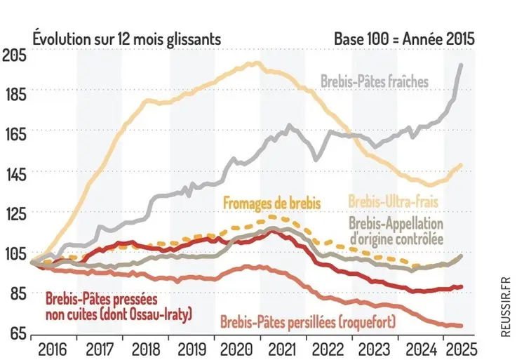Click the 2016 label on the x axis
tap(53, 349)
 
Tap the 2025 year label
tap(459, 349)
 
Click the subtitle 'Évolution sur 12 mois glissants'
tap(127, 37)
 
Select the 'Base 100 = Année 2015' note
tap(405, 37)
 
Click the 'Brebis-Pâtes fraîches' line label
tap(375, 82)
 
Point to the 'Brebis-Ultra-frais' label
tap(393, 201)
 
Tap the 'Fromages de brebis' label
tap(272, 202)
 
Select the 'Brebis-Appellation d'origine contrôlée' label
tap(396, 231)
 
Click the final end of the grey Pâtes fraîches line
tap(461, 65)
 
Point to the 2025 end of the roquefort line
tap(461, 325)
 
